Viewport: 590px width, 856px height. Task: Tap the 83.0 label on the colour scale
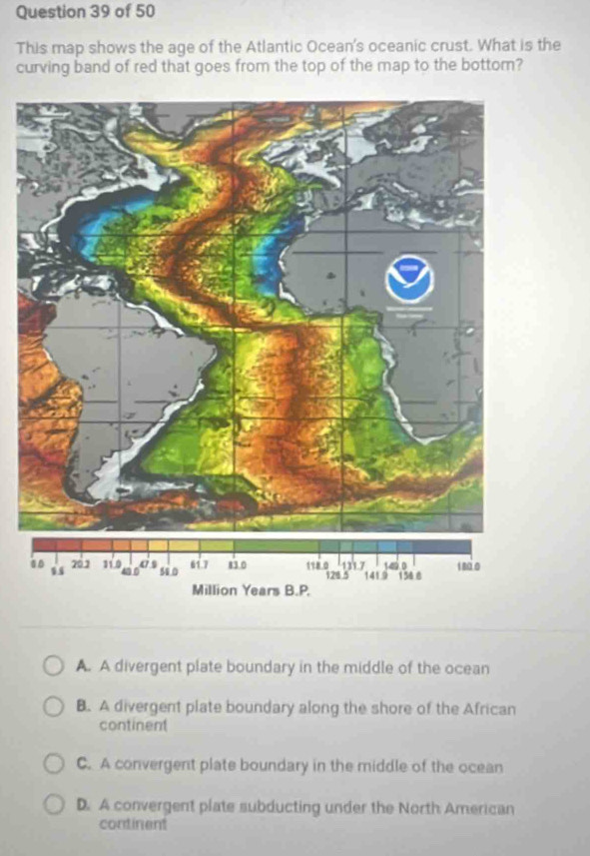click(x=239, y=566)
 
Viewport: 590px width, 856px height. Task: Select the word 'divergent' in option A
click(x=146, y=667)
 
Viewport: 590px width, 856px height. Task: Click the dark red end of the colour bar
click(x=42, y=546)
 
